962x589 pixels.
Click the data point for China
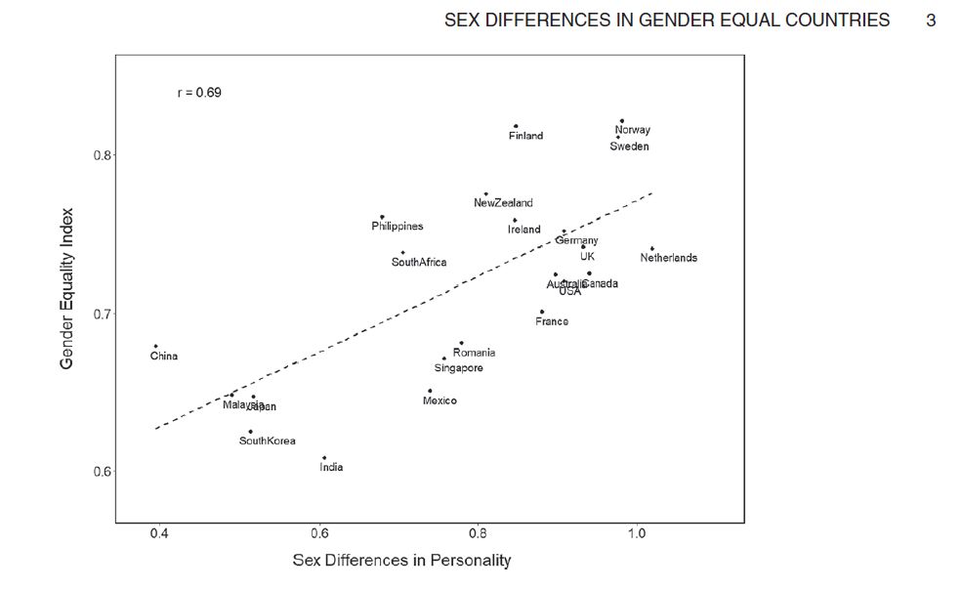pos(155,346)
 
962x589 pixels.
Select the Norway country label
pos(633,130)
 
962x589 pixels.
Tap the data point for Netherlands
pos(651,248)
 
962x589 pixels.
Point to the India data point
pos(324,457)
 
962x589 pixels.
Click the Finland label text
pos(525,136)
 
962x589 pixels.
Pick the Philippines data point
pos(382,216)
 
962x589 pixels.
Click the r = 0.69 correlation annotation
pos(199,93)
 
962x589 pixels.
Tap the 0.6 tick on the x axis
pos(319,534)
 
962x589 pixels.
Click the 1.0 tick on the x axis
pos(637,534)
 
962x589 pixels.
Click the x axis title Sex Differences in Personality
pos(401,561)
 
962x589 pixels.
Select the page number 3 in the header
pos(931,20)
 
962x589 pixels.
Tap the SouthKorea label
pos(267,442)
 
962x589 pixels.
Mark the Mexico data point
pos(430,391)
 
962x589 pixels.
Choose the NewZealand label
pos(503,203)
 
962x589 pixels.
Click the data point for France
pos(542,312)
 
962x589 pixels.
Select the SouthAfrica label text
pos(419,262)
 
